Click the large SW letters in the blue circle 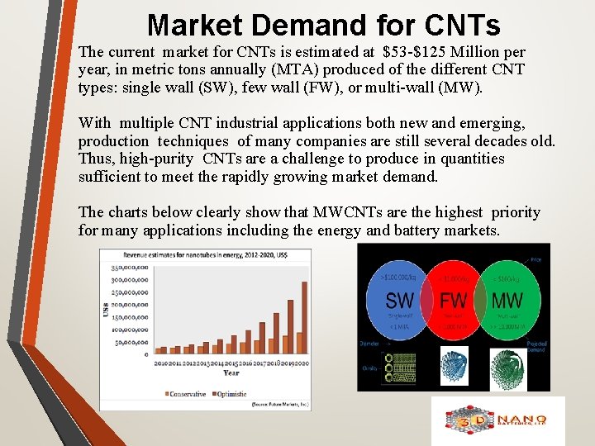click(x=400, y=300)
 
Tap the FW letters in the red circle click(x=453, y=300)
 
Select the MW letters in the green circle click(x=507, y=300)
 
